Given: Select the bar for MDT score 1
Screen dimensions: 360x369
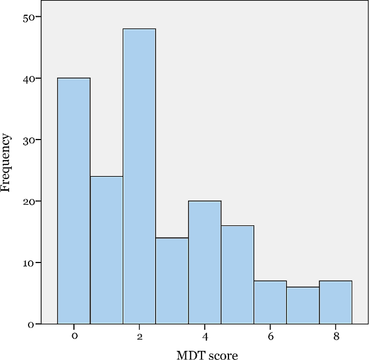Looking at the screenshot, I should pyautogui.click(x=107, y=250).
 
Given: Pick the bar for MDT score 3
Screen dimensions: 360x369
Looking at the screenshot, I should pyautogui.click(x=172, y=281).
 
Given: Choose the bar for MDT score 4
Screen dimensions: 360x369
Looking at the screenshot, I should pyautogui.click(x=205, y=262).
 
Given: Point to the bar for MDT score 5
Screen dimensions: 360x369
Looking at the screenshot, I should pyautogui.click(x=238, y=275).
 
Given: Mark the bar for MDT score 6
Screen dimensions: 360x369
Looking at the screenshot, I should pyautogui.click(x=270, y=302).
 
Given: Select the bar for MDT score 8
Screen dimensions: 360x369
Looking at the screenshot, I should pyautogui.click(x=336, y=302).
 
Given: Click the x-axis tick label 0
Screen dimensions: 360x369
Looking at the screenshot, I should pyautogui.click(x=74, y=336).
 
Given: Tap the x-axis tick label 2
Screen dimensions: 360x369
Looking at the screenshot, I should pyautogui.click(x=140, y=336).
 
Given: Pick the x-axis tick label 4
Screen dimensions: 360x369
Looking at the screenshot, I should pyautogui.click(x=205, y=336).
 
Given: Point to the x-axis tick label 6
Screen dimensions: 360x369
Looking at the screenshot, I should pyautogui.click(x=270, y=336).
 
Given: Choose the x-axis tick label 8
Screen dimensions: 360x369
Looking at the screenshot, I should pyautogui.click(x=336, y=336).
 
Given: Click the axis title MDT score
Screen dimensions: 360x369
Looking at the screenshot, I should pyautogui.click(x=207, y=354).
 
